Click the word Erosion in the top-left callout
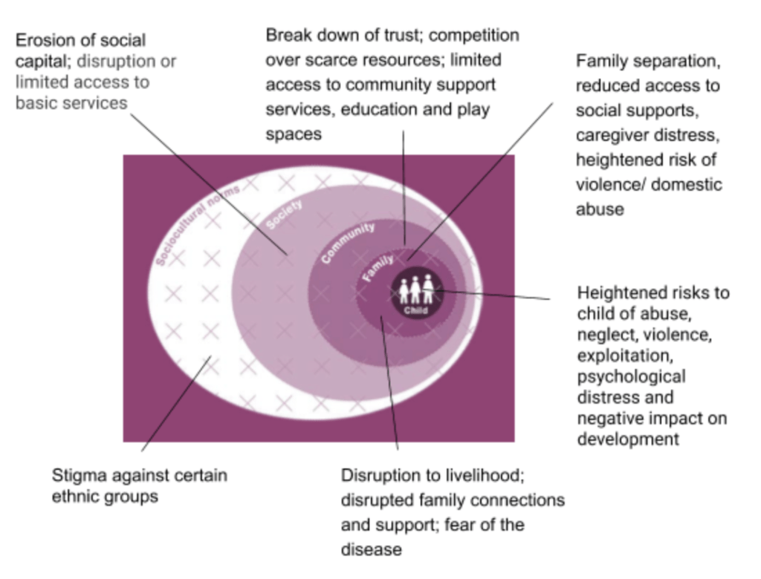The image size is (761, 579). coord(45,40)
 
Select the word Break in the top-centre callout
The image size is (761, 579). coord(288,35)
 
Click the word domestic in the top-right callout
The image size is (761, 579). coord(687,184)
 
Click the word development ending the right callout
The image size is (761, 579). coord(629,439)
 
